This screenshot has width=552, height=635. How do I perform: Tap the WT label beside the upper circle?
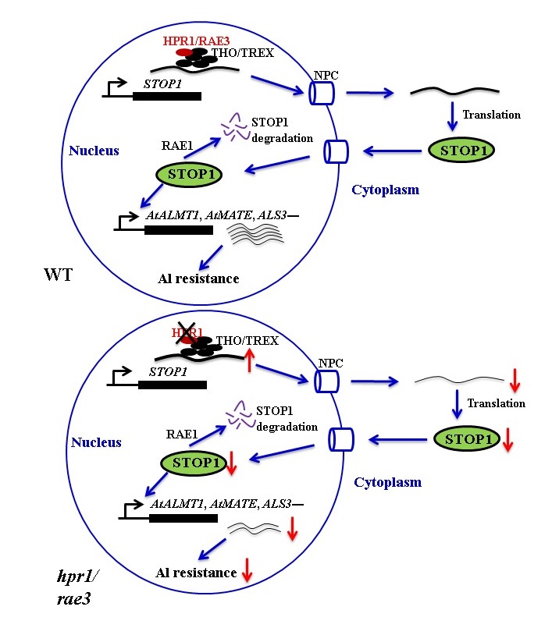pyautogui.click(x=56, y=275)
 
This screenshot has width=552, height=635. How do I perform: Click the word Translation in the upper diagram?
pyautogui.click(x=491, y=115)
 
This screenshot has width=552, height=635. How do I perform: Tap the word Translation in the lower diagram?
pyautogui.click(x=496, y=403)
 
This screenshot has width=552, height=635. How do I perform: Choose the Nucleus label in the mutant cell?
pyautogui.click(x=96, y=442)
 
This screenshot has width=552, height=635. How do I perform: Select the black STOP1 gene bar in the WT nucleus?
pyautogui.click(x=166, y=97)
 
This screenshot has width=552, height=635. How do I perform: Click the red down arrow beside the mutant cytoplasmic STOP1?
pyautogui.click(x=508, y=442)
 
